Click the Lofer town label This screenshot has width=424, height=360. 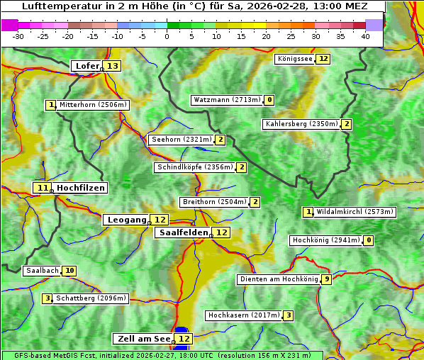pos(87,66)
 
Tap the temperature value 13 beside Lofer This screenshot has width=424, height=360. pos(113,66)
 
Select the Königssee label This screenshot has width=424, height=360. pos(294,59)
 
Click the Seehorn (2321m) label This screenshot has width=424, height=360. pos(181,140)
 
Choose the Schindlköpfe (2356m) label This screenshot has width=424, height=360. pos(194,167)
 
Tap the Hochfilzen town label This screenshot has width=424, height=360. pos(81,188)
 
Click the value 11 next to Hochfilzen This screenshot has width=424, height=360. pos(43,188)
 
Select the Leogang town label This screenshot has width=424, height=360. pos(127,220)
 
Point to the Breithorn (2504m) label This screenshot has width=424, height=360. pos(213,202)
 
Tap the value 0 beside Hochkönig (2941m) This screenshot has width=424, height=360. pos(368,240)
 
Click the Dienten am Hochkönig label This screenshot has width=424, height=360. pos(278,279)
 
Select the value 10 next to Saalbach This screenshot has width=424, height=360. pos(69,271)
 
